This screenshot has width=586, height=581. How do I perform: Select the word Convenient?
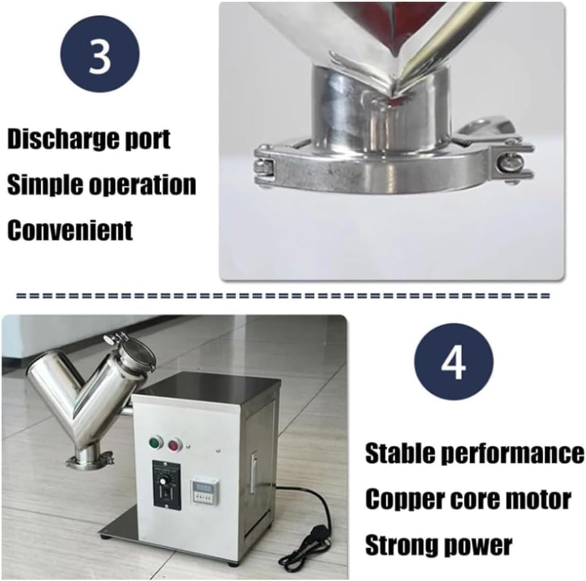[70, 230]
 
